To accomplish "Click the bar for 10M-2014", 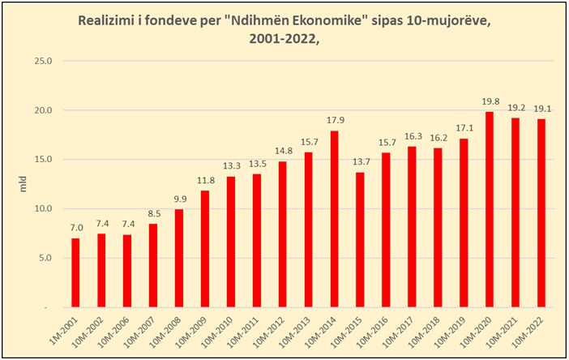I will pyautogui.click(x=334, y=219).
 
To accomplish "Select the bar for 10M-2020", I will pyautogui.click(x=490, y=209).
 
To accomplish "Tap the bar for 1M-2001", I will pyautogui.click(x=75, y=272).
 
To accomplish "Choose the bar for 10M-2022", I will pyautogui.click(x=541, y=213).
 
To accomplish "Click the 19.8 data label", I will pyautogui.click(x=490, y=101).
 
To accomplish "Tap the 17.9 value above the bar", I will pyautogui.click(x=334, y=121).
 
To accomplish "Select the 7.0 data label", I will pyautogui.click(x=75, y=228).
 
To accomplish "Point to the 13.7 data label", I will pyautogui.click(x=360, y=162).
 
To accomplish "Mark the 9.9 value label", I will pyautogui.click(x=179, y=199).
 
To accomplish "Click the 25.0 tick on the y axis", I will pyautogui.click(x=41, y=61).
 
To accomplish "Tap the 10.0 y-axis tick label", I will pyautogui.click(x=41, y=208).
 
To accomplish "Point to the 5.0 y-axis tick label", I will pyautogui.click(x=44, y=258).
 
